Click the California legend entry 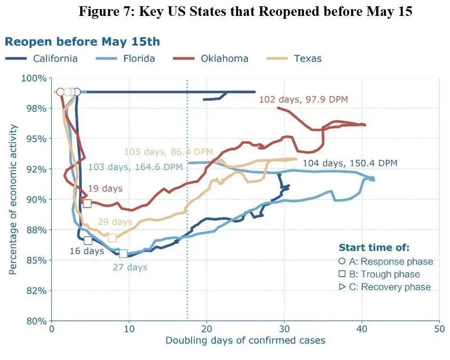click(x=55, y=59)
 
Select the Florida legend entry click(x=138, y=59)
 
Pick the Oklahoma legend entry click(x=225, y=59)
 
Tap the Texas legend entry click(x=307, y=59)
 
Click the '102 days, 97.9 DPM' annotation click(x=303, y=99)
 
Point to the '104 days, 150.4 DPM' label click(x=350, y=163)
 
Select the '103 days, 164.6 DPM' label click(x=136, y=167)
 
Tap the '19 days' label click(x=105, y=188)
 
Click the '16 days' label click(x=87, y=251)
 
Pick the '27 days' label click(x=130, y=267)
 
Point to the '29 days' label click(x=115, y=222)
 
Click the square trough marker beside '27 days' click(x=123, y=253)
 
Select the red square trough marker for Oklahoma click(x=87, y=203)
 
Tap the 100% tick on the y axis click(x=37, y=78)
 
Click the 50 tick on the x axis click(x=439, y=330)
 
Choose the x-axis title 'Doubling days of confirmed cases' click(x=245, y=341)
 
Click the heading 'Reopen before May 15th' click(x=82, y=41)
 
